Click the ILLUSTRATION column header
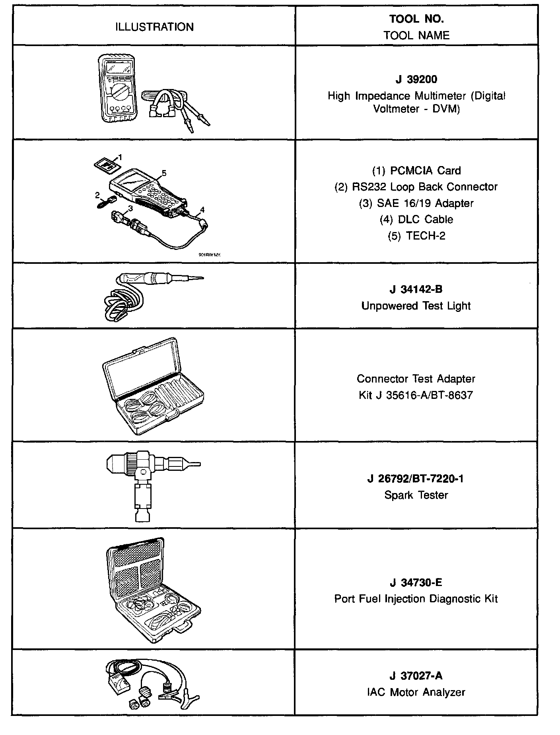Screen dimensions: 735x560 (154, 27)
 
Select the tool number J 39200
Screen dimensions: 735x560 (416, 79)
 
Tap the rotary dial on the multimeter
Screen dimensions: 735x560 (118, 93)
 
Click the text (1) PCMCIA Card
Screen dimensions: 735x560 (416, 170)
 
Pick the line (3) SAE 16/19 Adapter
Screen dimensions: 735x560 (416, 203)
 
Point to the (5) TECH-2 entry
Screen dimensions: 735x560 (416, 236)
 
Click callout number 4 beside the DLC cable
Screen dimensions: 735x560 (202, 209)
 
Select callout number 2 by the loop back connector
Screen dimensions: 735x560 (97, 195)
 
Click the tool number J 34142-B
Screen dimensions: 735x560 (416, 289)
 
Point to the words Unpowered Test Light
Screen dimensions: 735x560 (416, 306)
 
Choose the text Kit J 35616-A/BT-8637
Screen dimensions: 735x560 (416, 395)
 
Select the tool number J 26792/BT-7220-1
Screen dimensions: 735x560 (416, 479)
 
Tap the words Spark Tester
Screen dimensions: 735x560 (416, 495)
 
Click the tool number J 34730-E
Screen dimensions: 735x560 (416, 582)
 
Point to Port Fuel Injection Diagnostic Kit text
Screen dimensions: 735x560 (416, 599)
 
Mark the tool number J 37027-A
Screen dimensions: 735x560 (416, 675)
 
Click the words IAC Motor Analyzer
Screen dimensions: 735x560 (416, 692)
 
